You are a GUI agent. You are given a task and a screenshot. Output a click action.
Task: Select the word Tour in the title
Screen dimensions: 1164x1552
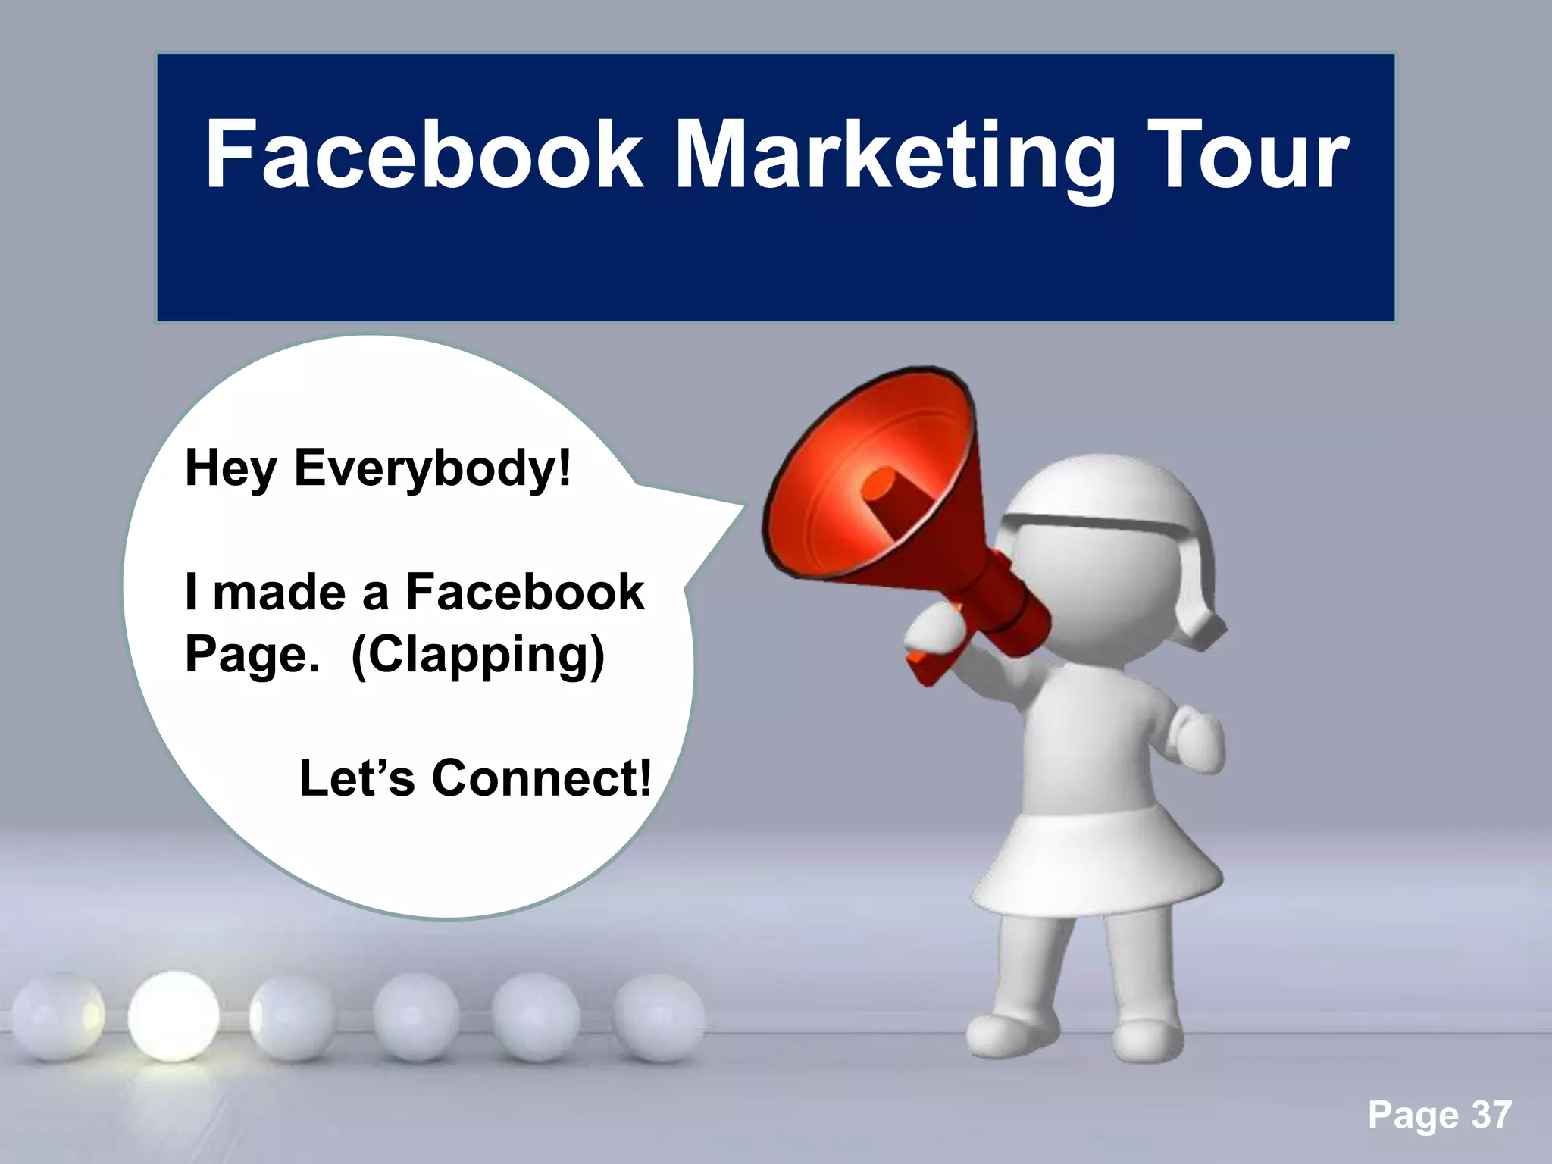click(1247, 155)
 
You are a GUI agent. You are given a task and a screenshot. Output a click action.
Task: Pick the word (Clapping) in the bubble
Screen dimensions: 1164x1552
click(478, 656)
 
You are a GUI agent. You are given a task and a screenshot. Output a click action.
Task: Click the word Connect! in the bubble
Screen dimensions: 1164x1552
click(541, 778)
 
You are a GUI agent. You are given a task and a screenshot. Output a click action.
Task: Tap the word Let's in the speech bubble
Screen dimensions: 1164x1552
click(357, 778)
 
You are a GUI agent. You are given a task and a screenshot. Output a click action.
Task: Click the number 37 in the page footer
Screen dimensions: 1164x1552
click(1491, 1115)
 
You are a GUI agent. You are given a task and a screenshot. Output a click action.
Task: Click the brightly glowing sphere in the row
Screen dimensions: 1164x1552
click(174, 1015)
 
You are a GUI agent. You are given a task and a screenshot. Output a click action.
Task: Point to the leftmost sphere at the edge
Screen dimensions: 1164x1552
click(53, 1018)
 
